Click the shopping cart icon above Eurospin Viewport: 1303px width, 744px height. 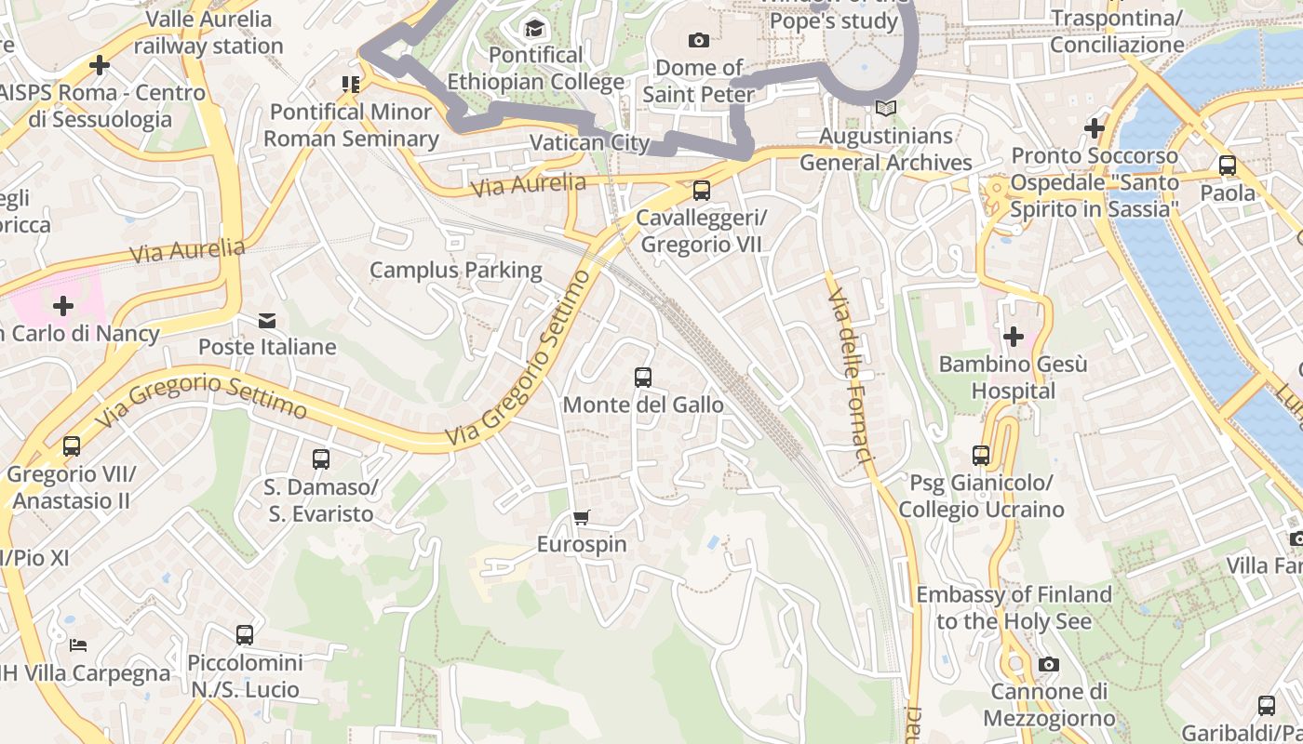click(582, 517)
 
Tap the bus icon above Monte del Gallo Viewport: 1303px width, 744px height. click(642, 378)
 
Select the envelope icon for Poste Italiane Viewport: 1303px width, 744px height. click(267, 321)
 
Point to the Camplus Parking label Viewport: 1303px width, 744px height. click(455, 270)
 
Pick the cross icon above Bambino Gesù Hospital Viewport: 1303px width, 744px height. click(1013, 336)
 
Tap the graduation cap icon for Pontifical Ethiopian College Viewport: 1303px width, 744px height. click(534, 29)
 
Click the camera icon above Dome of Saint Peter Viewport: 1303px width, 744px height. click(698, 40)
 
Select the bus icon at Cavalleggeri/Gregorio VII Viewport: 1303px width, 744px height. click(701, 191)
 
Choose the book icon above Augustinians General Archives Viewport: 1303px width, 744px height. click(886, 109)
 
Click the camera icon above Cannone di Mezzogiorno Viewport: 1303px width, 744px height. click(1049, 664)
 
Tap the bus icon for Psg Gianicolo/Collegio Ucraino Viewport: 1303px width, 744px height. click(981, 456)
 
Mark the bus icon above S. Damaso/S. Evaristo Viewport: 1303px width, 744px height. click(321, 459)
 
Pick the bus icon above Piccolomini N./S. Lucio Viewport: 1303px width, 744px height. click(245, 635)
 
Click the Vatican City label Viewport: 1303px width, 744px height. click(588, 142)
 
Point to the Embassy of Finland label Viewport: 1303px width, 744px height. click(1014, 607)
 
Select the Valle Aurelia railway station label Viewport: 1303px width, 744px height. click(208, 32)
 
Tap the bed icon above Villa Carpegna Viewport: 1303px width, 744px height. click(79, 644)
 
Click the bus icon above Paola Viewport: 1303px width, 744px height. click(1228, 166)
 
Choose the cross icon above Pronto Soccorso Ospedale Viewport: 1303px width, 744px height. click(1095, 127)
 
